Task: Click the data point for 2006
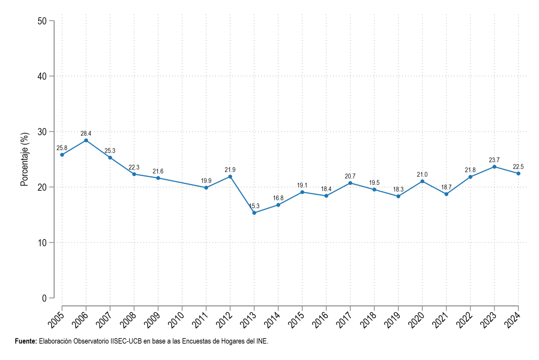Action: (86, 140)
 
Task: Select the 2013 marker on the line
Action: (254, 213)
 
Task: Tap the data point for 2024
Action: (518, 173)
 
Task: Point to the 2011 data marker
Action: (206, 187)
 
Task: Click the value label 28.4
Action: (86, 133)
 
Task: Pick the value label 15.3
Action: (254, 206)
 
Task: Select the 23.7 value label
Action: (494, 160)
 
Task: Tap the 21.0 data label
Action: (422, 174)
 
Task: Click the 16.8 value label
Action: (278, 198)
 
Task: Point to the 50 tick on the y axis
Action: (42, 21)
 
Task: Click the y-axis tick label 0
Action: (44, 298)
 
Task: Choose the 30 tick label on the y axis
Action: (42, 132)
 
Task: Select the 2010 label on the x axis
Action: (177, 320)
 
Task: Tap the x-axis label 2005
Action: (56, 320)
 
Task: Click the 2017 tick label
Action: (345, 320)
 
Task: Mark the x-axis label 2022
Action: (464, 320)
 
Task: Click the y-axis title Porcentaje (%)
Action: (25, 160)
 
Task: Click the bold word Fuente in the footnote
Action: (25, 341)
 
